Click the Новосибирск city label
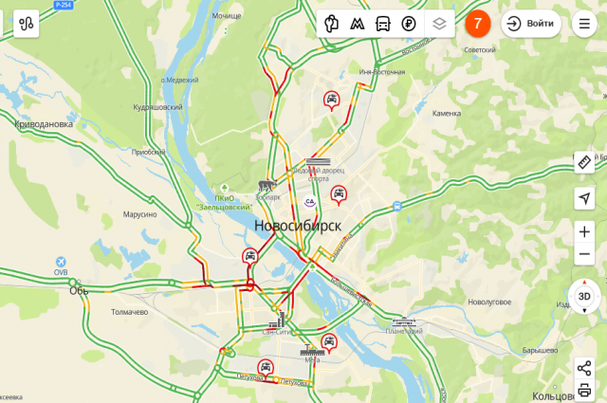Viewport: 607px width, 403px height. coord(297,226)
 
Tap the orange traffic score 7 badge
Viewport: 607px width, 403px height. coord(478,24)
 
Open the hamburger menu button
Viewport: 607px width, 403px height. coord(584,24)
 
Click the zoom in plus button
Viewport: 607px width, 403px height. coord(584,231)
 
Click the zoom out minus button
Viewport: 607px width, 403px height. coord(584,254)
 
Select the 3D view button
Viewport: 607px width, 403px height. coord(584,297)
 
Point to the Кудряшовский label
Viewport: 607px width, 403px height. coord(158,107)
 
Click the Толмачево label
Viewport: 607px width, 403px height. coord(129,311)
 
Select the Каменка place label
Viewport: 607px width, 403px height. coord(446,113)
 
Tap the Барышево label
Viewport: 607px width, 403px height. coord(540,350)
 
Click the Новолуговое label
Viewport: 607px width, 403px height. coord(489,302)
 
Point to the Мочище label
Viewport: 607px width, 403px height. coord(226,16)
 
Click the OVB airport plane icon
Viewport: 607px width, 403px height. coord(61,261)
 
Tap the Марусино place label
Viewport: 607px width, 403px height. coord(139,214)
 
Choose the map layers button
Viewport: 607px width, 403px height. coord(438,24)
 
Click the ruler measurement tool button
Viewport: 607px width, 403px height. coord(584,162)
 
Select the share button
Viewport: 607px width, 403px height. coord(584,367)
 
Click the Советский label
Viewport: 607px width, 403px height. coord(479,49)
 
